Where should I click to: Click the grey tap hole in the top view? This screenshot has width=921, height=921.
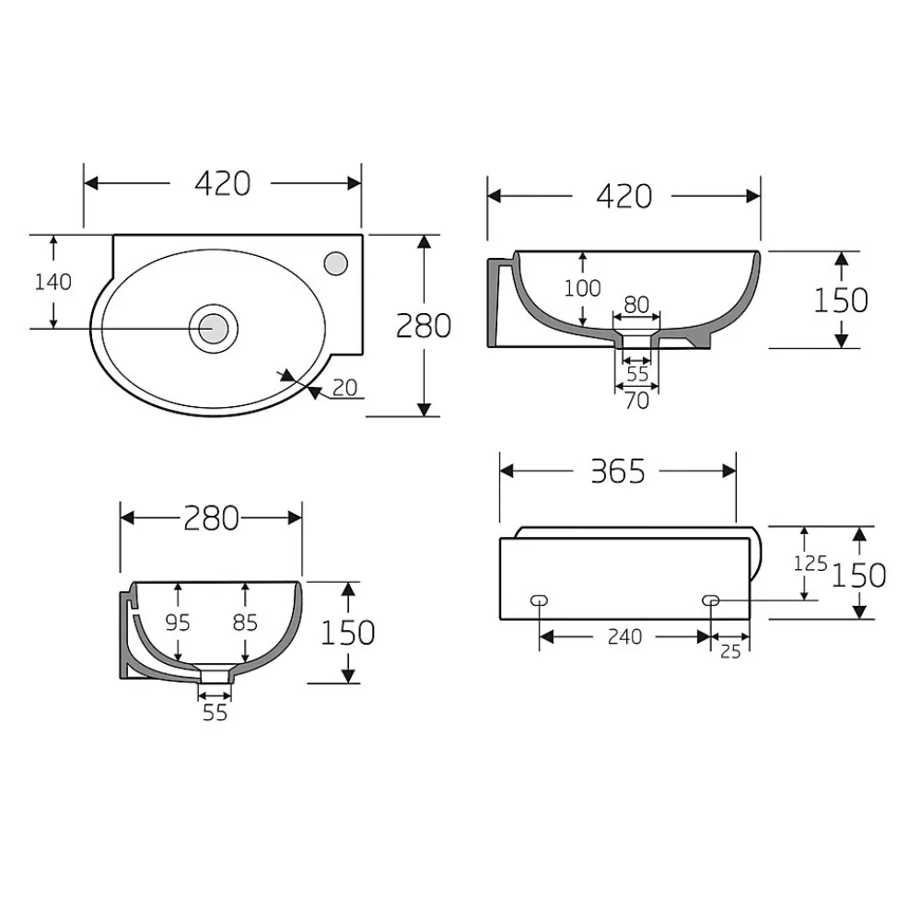click(x=335, y=263)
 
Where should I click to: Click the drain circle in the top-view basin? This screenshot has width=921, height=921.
click(x=214, y=329)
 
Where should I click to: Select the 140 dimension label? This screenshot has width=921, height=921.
click(x=52, y=282)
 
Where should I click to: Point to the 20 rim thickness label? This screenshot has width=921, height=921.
click(x=344, y=388)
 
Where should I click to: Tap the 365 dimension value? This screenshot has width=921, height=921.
click(x=617, y=471)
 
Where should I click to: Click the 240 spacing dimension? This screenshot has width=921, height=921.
click(x=624, y=636)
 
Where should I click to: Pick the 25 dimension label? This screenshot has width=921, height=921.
click(x=730, y=651)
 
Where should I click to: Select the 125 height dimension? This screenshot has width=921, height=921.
click(x=810, y=564)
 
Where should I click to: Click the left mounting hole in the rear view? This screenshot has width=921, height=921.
click(x=539, y=600)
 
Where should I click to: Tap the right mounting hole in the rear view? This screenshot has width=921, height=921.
click(x=711, y=600)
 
